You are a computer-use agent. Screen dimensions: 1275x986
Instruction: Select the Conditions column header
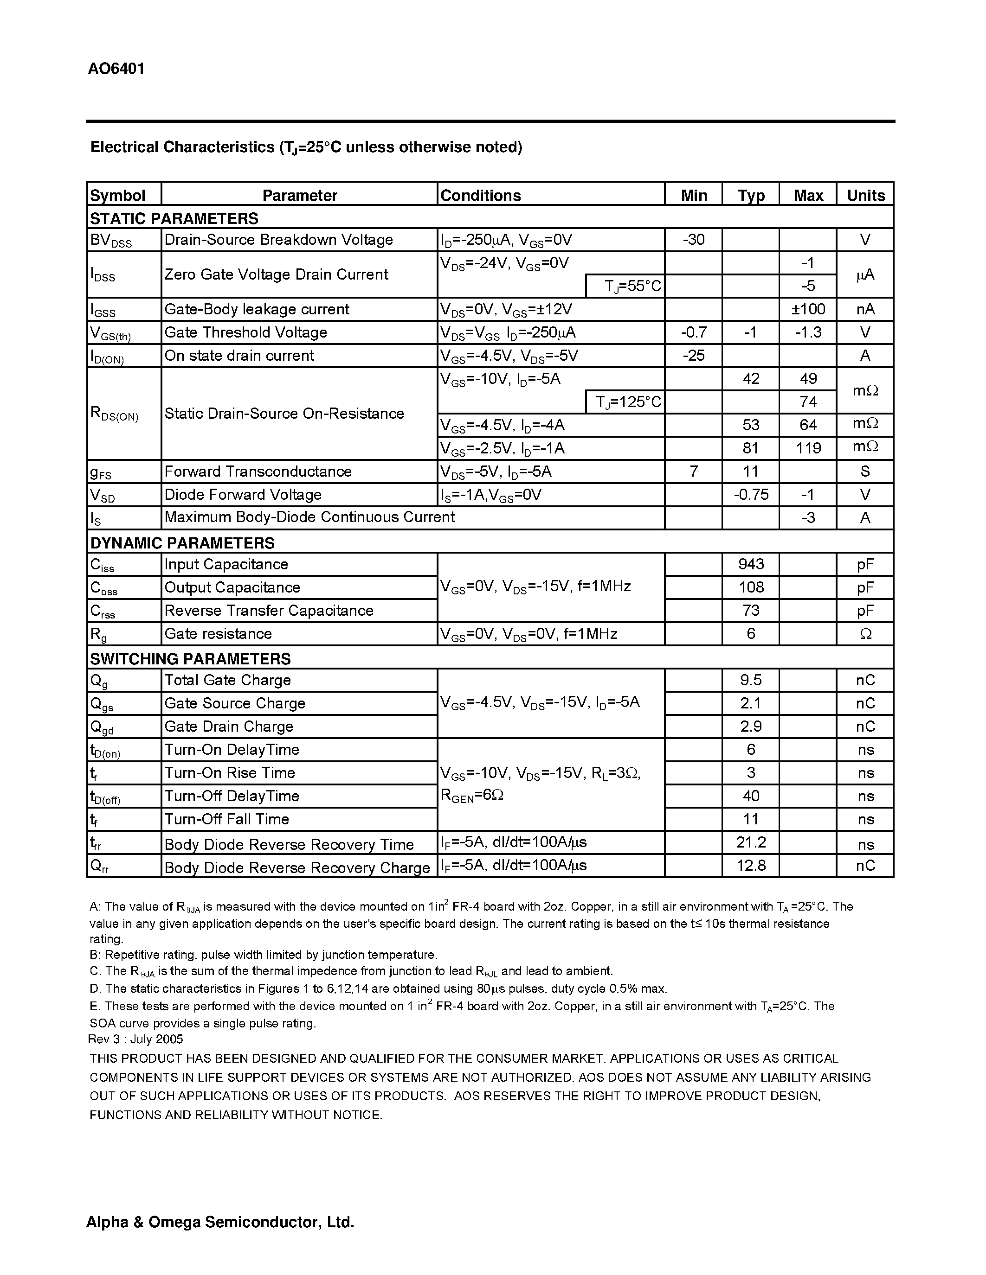point(480,195)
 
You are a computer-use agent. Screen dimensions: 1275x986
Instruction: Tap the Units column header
point(865,195)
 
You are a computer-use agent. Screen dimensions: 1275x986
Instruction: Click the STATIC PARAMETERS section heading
point(174,218)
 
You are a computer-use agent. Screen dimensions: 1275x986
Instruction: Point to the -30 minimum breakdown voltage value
point(693,239)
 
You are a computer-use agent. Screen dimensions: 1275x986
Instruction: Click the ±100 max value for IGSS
point(808,309)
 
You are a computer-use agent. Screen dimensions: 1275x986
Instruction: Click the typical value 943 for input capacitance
point(751,564)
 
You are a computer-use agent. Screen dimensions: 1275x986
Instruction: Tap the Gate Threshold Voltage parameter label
point(245,332)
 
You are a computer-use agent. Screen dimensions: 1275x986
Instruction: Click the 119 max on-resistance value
point(808,448)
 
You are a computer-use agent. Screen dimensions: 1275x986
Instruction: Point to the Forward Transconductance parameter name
point(258,471)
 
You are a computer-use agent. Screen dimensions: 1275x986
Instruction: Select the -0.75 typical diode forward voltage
point(751,495)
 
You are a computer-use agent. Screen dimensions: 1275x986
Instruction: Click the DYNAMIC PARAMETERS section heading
point(182,543)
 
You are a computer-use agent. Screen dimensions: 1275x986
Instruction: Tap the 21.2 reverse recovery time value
point(751,842)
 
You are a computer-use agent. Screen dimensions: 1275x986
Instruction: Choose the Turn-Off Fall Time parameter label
point(226,819)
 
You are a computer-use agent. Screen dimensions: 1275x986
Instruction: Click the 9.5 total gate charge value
point(751,680)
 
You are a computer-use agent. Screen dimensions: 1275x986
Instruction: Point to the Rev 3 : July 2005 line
point(135,1039)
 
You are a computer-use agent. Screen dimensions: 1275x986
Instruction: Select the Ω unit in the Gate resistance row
point(865,634)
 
